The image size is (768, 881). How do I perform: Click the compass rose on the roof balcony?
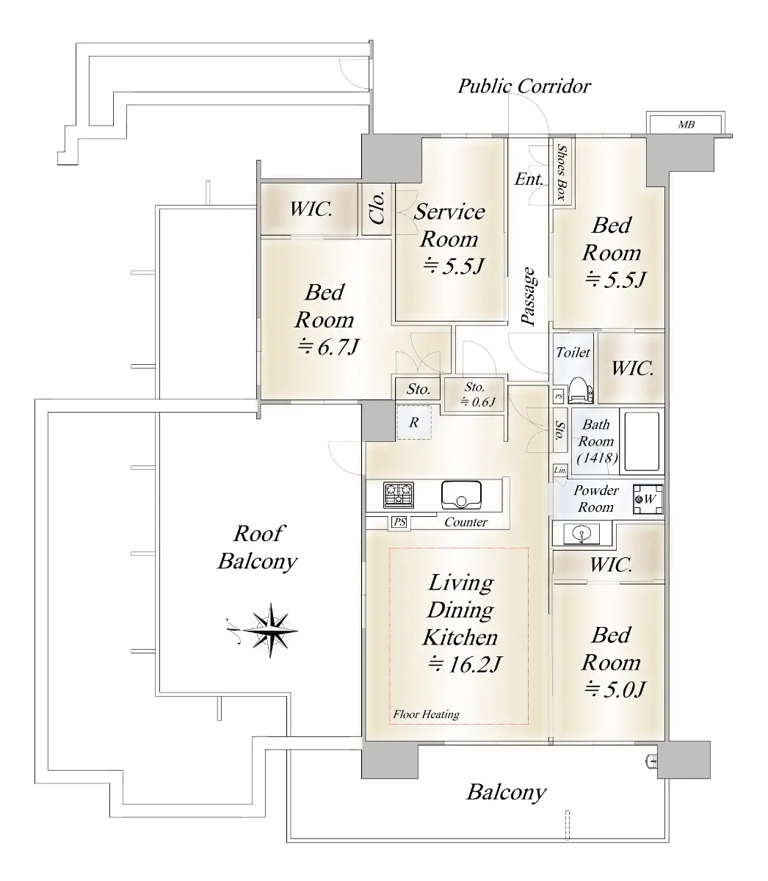270,631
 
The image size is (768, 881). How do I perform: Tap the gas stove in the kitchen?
398,494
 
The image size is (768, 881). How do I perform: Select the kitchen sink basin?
461,495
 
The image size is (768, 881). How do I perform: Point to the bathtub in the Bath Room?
642,441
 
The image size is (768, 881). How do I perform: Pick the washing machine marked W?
648,499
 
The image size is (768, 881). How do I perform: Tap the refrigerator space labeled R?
413,422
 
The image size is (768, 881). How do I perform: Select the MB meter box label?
687,125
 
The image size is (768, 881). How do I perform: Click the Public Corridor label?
524,86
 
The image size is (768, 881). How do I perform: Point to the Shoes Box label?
562,173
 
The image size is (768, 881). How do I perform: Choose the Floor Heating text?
426,714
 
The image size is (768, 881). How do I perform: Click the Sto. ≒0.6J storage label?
475,394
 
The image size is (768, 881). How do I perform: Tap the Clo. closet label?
377,209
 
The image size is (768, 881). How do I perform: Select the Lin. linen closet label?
560,470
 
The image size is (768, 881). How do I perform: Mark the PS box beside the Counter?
399,522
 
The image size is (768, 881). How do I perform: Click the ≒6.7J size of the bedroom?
328,347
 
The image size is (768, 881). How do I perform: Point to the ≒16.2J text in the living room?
464,664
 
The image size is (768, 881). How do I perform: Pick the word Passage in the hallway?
529,297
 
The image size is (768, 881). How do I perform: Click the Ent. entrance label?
529,179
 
